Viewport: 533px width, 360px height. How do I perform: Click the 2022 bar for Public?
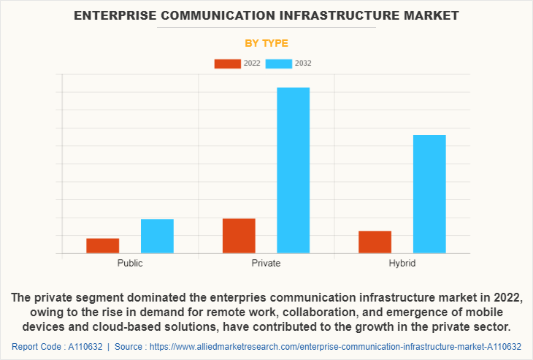(102, 245)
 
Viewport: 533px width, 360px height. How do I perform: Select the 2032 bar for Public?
(157, 236)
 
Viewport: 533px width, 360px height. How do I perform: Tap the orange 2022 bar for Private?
(239, 236)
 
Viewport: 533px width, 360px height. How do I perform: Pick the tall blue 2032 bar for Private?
(293, 170)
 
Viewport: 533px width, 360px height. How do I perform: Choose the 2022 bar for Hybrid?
(375, 242)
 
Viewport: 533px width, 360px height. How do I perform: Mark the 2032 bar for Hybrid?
(429, 194)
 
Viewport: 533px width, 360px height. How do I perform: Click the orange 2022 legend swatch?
(227, 64)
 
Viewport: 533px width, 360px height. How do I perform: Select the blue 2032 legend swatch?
(279, 64)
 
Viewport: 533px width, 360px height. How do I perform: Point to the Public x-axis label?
(130, 263)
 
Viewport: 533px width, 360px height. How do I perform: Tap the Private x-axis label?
(266, 263)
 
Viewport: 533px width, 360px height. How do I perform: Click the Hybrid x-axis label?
(402, 263)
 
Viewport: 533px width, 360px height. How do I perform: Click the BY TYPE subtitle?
(266, 43)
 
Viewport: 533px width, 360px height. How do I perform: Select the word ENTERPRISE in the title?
(117, 15)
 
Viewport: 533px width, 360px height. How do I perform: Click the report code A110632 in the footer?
(86, 346)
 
